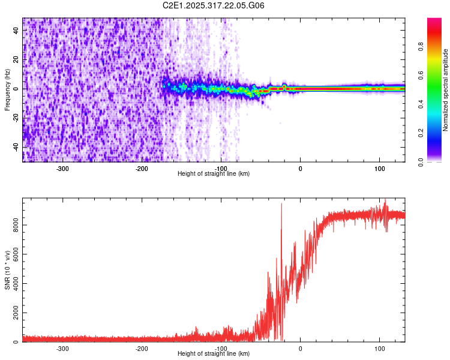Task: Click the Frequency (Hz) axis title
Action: (7, 89)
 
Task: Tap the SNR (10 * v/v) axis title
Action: (7, 269)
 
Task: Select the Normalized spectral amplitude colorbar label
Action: (445, 89)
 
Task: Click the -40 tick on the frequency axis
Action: (16, 147)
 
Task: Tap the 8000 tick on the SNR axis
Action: (13, 225)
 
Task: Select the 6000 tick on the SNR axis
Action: (13, 254)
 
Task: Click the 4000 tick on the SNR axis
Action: (13, 284)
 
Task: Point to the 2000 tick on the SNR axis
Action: (13, 313)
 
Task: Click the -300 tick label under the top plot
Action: (63, 169)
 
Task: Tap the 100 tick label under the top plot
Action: (379, 169)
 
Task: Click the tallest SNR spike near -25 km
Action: (281, 205)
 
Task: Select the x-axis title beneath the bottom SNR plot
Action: (214, 354)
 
